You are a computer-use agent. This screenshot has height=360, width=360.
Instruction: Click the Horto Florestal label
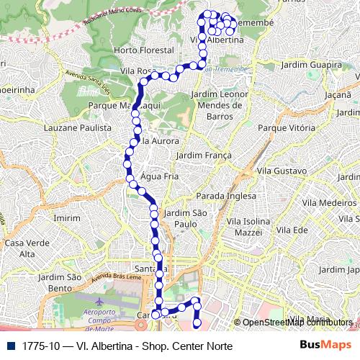144,50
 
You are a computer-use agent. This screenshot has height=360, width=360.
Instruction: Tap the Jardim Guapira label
310,65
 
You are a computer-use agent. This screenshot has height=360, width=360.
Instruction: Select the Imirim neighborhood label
67,217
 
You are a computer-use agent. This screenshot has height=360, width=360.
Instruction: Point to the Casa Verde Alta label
20,248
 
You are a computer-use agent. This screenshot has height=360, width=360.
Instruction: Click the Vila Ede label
292,229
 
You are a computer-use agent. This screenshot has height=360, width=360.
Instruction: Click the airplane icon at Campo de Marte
98,297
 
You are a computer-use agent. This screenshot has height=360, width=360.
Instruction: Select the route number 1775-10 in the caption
40,346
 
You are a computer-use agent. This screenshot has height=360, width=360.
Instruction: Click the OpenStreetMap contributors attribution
297,323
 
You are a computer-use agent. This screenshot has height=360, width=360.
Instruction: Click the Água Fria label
160,176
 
